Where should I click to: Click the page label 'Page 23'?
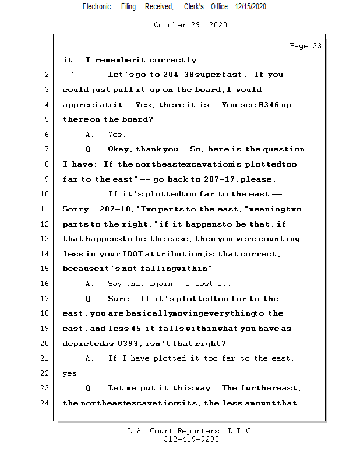pos(305,46)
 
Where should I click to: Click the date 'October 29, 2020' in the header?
pos(190,25)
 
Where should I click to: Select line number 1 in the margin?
pos(46,60)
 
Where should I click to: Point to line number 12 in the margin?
pos(45,224)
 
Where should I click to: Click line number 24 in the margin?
pos(45,403)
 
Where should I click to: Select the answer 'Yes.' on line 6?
pos(117,135)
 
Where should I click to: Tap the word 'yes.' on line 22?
pos(72,373)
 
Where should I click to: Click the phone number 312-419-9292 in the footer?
pos(190,440)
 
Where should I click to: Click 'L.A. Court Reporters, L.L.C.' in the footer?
pos(190,432)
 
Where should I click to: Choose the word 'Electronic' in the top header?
pos(97,6)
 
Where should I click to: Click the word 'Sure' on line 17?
pos(119,299)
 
